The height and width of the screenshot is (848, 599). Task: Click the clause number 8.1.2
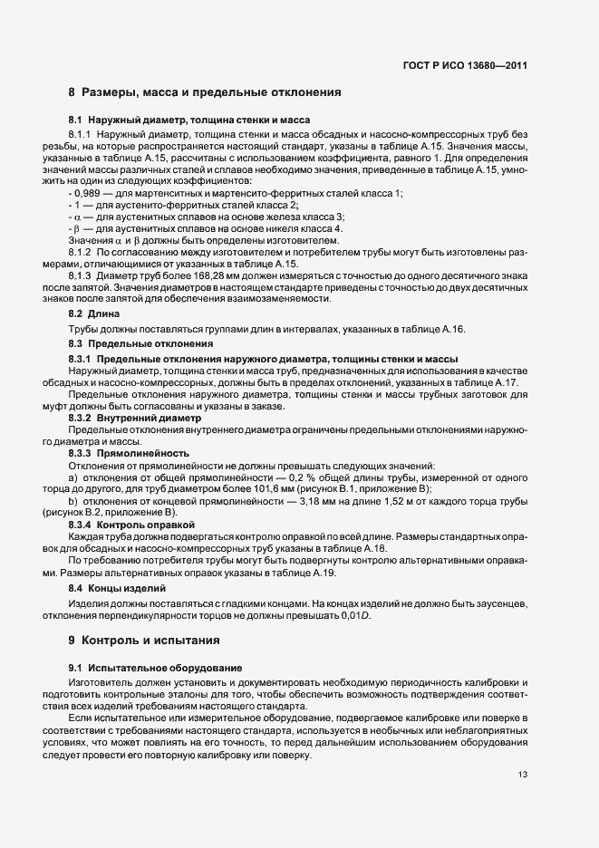(82, 252)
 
